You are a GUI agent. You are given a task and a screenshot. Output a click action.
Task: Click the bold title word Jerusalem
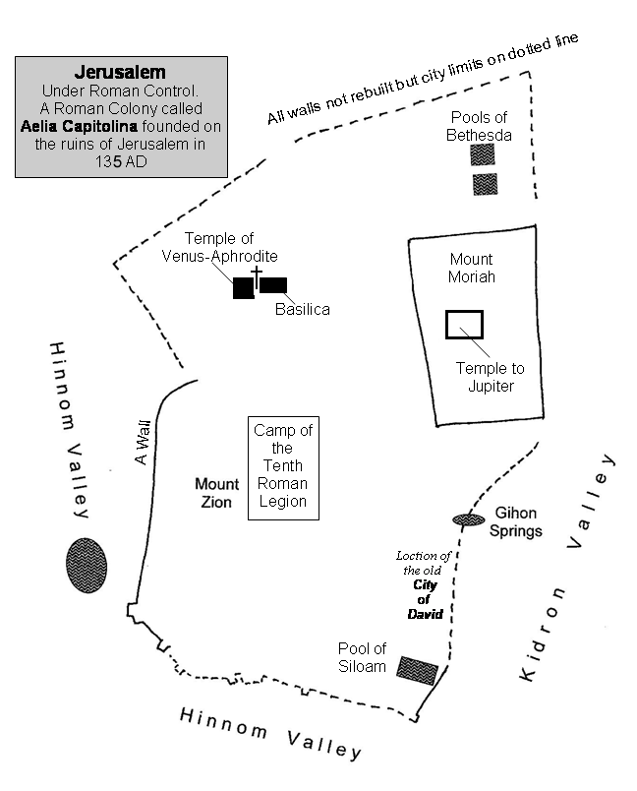click(x=121, y=72)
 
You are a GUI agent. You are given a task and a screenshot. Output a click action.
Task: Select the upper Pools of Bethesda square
click(x=484, y=154)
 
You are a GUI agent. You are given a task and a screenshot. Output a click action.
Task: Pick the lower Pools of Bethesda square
click(x=485, y=184)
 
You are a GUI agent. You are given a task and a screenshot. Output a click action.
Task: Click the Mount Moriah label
click(x=472, y=268)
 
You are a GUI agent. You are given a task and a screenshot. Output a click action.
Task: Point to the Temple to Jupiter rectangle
click(x=464, y=325)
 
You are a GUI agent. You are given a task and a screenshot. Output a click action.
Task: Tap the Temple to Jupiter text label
click(x=490, y=377)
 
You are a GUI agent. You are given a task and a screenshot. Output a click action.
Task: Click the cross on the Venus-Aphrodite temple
click(x=257, y=275)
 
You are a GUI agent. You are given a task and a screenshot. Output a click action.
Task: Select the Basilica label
click(x=302, y=310)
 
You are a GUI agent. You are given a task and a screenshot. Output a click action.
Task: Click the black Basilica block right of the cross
click(x=273, y=285)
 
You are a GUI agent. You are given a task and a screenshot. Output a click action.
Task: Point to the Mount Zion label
click(x=216, y=493)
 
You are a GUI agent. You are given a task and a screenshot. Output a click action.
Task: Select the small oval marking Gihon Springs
click(x=468, y=519)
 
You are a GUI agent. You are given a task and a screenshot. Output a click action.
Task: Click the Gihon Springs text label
click(x=518, y=521)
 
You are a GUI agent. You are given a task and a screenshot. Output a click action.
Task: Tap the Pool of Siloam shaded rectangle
click(x=417, y=669)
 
